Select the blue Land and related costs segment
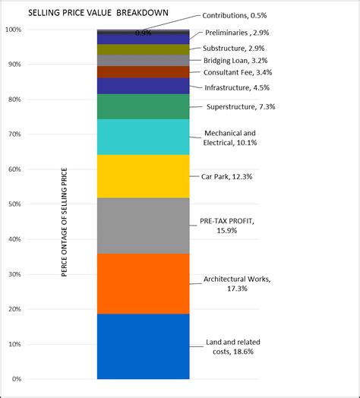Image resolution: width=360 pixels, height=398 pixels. point(143,346)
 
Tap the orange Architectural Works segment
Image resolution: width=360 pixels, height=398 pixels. point(143,283)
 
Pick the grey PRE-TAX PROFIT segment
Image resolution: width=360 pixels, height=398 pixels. point(143,226)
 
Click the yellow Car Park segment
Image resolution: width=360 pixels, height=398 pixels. point(143,176)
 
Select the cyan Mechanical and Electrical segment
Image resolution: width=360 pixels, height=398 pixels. point(143,137)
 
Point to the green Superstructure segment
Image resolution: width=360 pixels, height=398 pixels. point(143,106)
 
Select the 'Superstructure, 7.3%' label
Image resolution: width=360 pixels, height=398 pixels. point(241,107)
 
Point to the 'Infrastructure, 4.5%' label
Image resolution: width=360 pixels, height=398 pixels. point(238,87)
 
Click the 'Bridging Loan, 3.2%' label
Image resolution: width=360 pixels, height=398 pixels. point(235,60)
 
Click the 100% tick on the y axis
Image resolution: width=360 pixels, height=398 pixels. point(14,30)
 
